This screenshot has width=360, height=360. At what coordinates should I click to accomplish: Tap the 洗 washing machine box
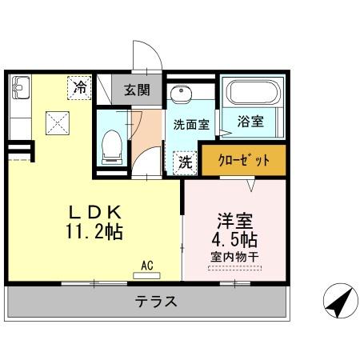pyautogui.click(x=184, y=161)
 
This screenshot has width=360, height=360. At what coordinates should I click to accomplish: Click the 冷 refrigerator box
pyautogui.click(x=79, y=87)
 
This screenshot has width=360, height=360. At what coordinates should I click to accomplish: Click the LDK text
pyautogui.click(x=94, y=213)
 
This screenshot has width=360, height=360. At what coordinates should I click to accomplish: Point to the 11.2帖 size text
pyautogui.click(x=94, y=232)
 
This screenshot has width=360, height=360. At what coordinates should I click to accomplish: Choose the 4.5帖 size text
pyautogui.click(x=234, y=240)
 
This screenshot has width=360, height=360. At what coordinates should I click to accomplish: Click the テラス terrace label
pyautogui.click(x=155, y=302)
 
